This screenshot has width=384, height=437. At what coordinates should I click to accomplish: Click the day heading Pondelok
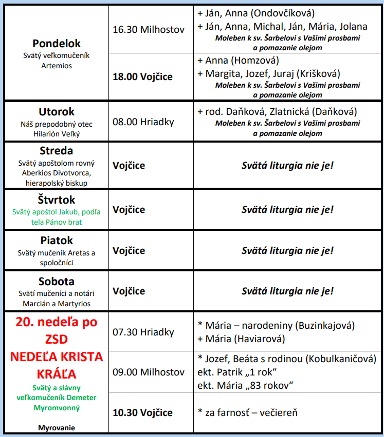pyautogui.click(x=57, y=44)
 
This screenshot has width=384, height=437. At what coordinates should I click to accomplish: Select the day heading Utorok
pyautogui.click(x=57, y=111)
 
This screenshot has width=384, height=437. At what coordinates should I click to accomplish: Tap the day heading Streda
pyautogui.click(x=57, y=151)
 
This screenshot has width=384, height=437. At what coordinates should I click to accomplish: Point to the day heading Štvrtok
pyautogui.click(x=57, y=200)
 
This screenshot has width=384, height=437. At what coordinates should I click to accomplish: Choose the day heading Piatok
pyautogui.click(x=57, y=240)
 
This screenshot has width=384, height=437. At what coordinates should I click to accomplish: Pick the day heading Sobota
pyautogui.click(x=57, y=281)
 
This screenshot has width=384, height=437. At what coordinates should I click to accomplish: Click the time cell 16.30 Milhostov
pyautogui.click(x=149, y=29)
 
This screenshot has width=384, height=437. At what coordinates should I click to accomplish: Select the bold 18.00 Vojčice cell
pyautogui.click(x=143, y=76)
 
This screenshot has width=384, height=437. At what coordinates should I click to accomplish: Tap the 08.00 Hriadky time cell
pyautogui.click(x=143, y=122)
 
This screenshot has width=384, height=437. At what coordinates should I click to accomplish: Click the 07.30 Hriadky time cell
pyautogui.click(x=143, y=332)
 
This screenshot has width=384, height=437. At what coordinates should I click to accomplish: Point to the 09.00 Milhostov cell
pyautogui.click(x=149, y=371)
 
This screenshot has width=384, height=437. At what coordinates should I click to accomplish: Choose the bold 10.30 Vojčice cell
pyautogui.click(x=143, y=412)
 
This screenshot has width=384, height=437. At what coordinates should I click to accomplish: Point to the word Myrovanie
pyautogui.click(x=57, y=427)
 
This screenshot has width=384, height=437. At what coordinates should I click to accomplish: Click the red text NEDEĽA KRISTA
pyautogui.click(x=57, y=357)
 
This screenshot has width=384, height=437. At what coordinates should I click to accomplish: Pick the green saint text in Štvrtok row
pyautogui.click(x=57, y=216)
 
